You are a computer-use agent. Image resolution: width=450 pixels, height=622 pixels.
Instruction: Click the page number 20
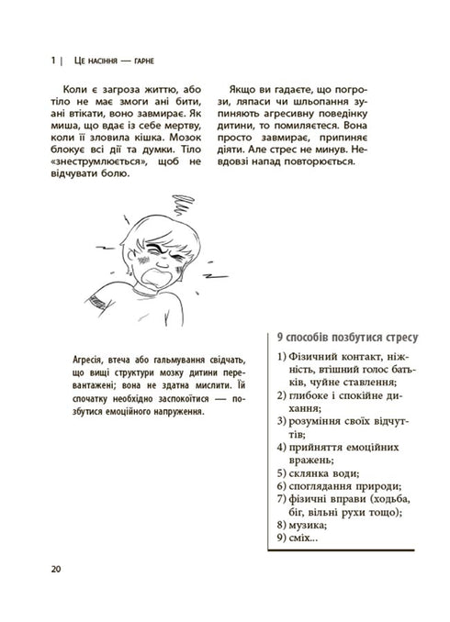pyautogui.click(x=55, y=572)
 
